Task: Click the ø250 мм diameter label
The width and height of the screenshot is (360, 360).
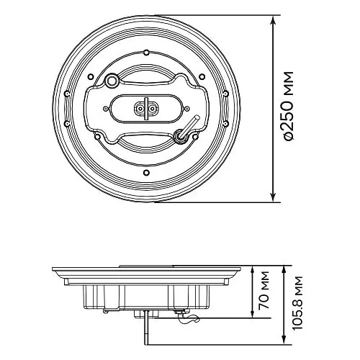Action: coord(288,106)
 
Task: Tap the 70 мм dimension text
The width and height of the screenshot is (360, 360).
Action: coord(263,290)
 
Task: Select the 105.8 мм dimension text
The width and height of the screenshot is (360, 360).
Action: coord(297,303)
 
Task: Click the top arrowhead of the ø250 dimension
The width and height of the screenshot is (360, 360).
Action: coord(273,21)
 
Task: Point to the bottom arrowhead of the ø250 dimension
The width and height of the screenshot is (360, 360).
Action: coord(273,197)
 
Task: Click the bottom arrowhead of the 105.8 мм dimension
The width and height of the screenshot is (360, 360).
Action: coord(284,340)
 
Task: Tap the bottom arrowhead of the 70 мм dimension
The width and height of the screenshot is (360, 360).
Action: coord(252,312)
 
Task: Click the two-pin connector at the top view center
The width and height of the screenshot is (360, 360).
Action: coord(145,109)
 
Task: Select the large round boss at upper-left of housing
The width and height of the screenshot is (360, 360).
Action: coord(111,81)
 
